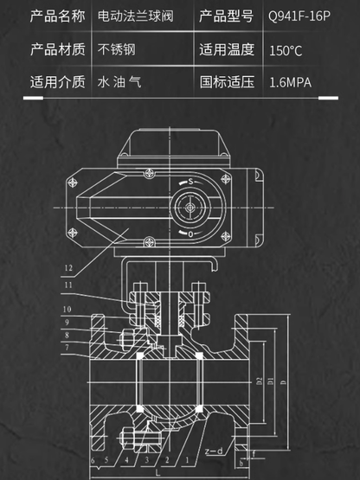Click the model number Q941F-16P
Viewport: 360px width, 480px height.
tap(299, 16)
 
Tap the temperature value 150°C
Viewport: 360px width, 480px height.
tap(286, 50)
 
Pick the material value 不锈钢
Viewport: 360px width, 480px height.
tap(117, 50)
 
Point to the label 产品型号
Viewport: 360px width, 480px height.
tap(227, 16)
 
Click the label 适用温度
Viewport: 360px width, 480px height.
tap(227, 50)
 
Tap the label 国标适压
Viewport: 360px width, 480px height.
tap(227, 84)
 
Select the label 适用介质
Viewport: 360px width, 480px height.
tap(58, 84)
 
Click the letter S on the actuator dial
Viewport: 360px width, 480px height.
tap(189, 182)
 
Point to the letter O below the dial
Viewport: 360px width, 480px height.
tap(190, 234)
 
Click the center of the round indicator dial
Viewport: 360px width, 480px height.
tap(189, 208)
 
